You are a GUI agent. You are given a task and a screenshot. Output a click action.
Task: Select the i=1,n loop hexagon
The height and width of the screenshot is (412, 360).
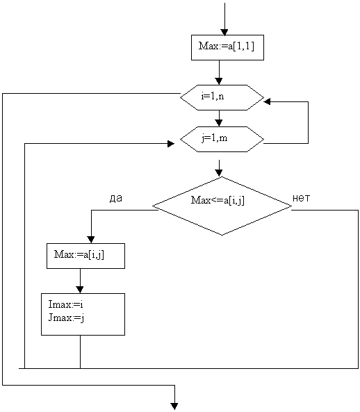pos(222,97)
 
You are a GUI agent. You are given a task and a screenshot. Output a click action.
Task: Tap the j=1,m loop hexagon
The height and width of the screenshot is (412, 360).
pos(222,139)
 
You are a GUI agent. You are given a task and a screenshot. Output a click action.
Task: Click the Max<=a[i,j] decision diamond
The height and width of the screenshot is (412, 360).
pos(222,206)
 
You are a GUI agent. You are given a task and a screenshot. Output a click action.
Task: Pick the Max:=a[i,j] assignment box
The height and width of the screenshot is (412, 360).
pos(85,256)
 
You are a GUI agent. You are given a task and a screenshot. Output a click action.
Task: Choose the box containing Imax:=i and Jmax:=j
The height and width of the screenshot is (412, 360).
pos(83,314)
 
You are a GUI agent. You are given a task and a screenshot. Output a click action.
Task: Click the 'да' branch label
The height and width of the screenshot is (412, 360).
pos(116,199)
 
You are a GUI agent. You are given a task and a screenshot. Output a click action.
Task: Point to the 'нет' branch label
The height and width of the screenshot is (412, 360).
pos(302,198)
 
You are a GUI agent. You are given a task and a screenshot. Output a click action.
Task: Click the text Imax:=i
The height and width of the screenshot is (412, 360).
pos(66,304)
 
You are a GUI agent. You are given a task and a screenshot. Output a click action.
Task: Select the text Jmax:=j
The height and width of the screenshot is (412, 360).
pos(66,318)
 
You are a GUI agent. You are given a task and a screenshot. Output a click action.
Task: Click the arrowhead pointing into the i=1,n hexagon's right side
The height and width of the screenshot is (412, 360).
pos(267,101)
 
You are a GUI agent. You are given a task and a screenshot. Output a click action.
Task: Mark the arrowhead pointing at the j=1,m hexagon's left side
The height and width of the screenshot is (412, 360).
pos(171,143)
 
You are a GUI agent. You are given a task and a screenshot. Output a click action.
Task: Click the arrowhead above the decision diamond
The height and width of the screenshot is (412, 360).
pos(219,172)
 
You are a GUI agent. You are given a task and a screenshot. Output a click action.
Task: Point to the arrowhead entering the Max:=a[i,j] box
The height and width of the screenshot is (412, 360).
pos(91,240)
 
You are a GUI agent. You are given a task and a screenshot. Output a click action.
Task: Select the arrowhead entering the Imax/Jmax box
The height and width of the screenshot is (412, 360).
pos(80,290)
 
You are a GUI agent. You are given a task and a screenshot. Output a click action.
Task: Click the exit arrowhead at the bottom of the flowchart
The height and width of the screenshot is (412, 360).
pos(174,406)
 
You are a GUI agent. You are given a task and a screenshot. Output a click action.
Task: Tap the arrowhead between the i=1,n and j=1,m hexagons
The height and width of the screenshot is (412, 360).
pos(219,123)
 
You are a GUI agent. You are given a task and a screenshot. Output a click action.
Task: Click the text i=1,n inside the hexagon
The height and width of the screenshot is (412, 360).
pos(213,97)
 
